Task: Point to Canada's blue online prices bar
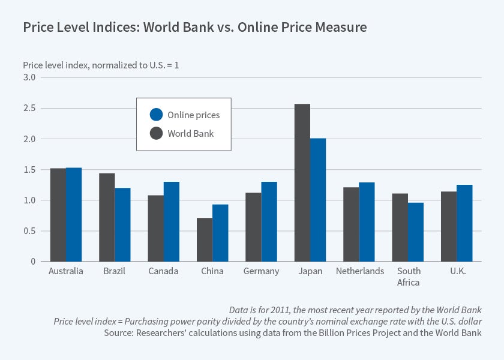coord(171,221)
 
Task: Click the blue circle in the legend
coord(156,115)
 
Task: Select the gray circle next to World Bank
coord(156,133)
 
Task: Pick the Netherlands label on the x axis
coord(360,271)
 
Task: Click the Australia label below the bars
coord(65,271)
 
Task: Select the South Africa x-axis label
coord(409,277)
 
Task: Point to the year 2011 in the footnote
coord(276,310)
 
